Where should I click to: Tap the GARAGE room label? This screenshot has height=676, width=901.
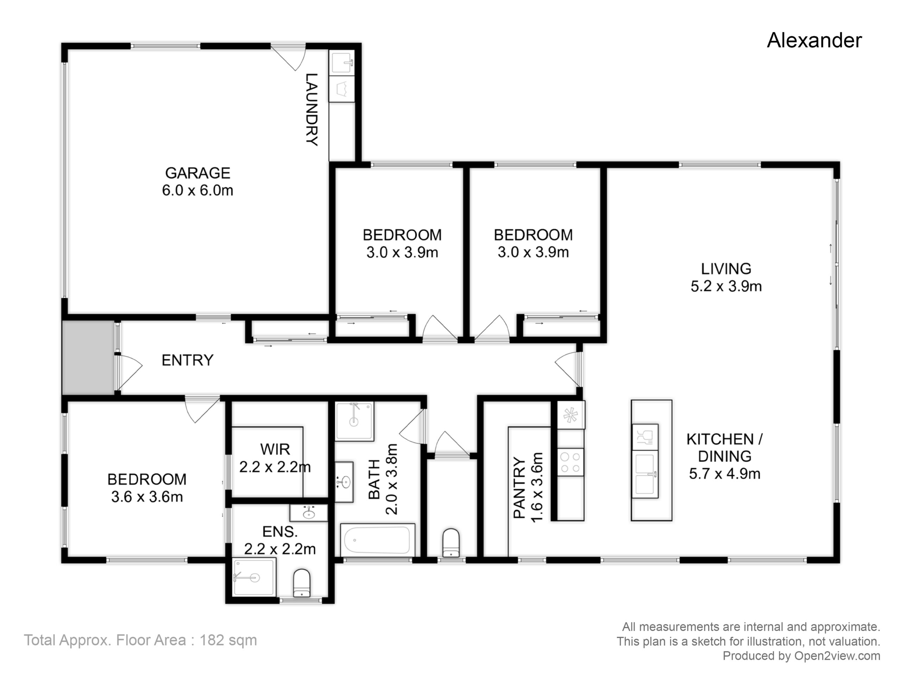pos(197,173)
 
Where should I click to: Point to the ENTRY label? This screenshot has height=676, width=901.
pos(187,360)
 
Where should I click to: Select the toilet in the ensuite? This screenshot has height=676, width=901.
pos(302,583)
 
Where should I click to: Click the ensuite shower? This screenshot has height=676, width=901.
pos(254,578)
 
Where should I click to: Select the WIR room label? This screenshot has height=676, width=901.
pos(275,450)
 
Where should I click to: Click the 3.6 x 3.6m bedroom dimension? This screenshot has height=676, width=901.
pos(147,497)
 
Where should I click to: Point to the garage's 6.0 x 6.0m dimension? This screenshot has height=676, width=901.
pos(197,190)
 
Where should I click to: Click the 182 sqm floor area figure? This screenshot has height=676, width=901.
pos(228,640)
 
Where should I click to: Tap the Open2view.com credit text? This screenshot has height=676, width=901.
pos(837,656)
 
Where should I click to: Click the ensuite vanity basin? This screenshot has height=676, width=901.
pos(309,513)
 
